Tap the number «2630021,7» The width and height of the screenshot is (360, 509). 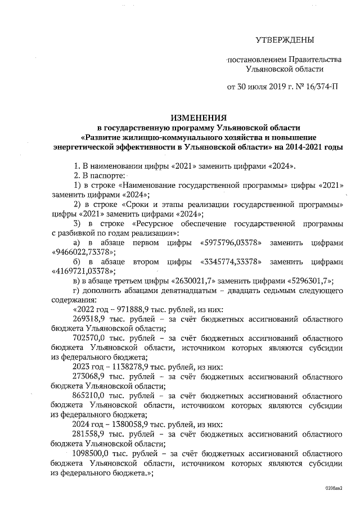pyautogui.click(x=184, y=281)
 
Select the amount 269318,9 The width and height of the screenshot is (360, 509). pyautogui.click(x=92, y=319)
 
